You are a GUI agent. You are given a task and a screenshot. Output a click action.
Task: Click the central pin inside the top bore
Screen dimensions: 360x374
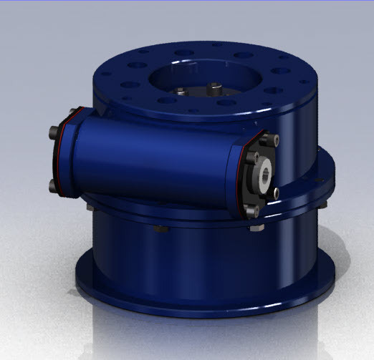[x=214, y=87]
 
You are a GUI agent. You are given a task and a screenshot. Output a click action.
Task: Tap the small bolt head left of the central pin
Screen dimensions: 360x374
[x=181, y=92]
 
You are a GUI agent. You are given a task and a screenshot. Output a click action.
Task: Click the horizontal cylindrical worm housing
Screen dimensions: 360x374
[x=158, y=157]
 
